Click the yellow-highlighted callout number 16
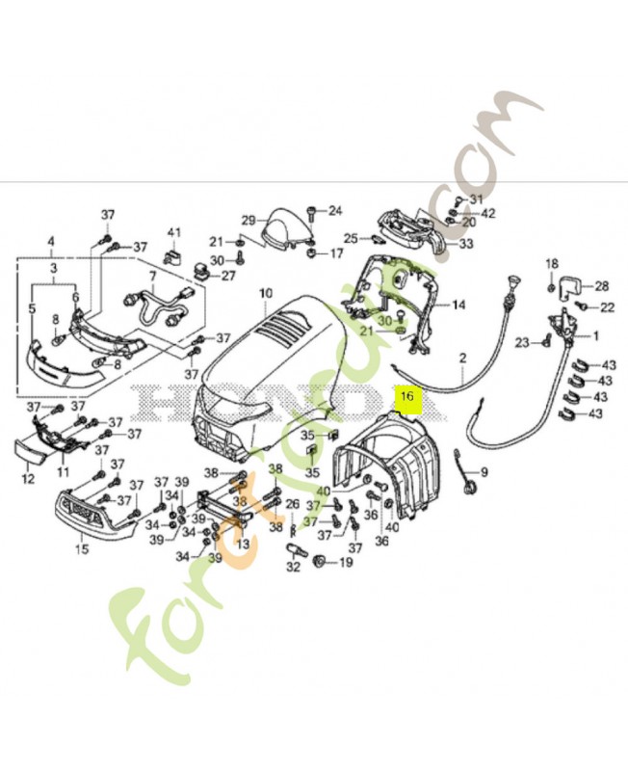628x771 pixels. [406, 395]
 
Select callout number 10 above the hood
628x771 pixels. [267, 292]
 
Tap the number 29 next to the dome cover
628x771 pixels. [247, 219]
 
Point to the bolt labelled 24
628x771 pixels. [312, 211]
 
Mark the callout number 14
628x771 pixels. [458, 305]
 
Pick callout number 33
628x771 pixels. [465, 244]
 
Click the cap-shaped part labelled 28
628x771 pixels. [567, 285]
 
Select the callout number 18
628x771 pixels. [552, 264]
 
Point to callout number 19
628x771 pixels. [346, 561]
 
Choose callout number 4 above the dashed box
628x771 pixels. [51, 241]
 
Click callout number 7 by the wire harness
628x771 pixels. [151, 276]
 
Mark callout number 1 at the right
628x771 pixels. [594, 336]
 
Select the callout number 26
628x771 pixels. [292, 504]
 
